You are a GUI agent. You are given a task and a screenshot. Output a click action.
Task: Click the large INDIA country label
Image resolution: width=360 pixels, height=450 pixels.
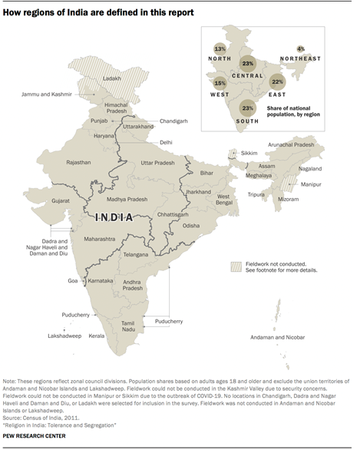pyautogui.click(x=121, y=218)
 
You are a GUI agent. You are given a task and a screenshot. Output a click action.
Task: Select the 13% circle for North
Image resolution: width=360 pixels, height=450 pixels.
pyautogui.click(x=220, y=50)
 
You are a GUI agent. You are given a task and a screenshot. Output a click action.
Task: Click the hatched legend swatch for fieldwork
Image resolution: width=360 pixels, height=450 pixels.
pyautogui.click(x=236, y=266)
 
